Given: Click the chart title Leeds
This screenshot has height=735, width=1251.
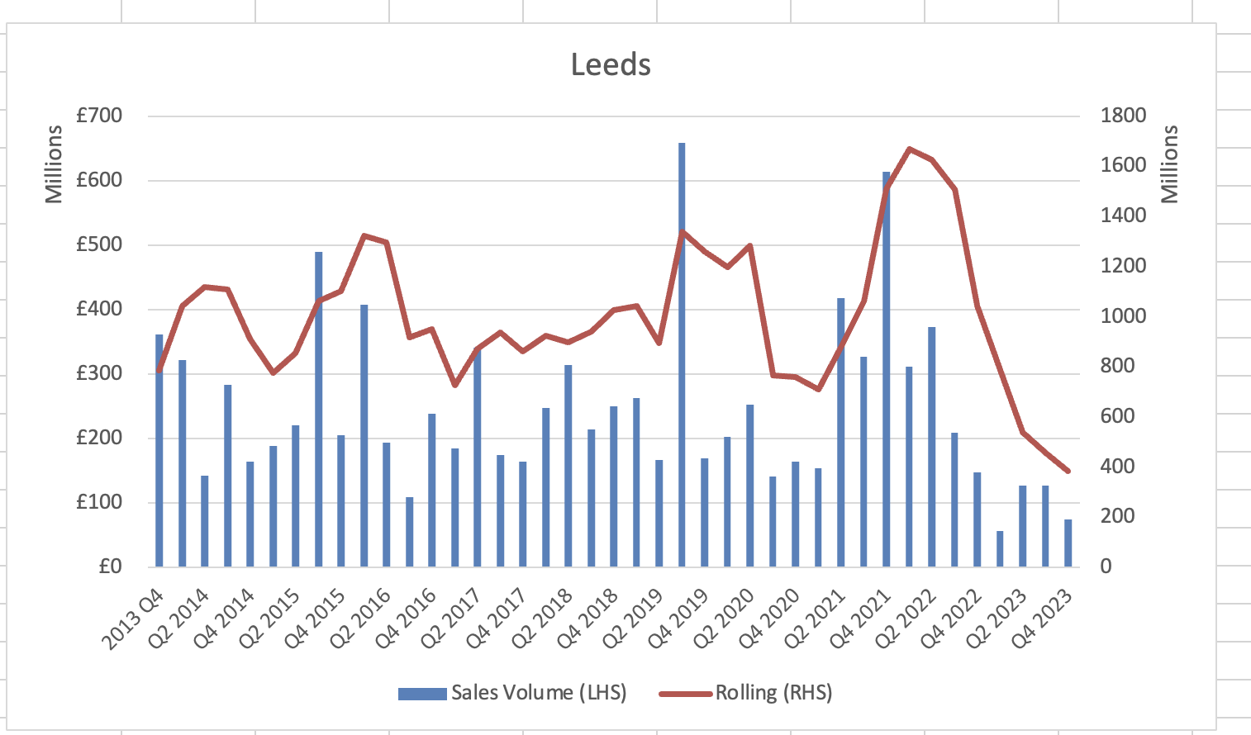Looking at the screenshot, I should tap(611, 64).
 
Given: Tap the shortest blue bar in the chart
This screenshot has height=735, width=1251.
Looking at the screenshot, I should tap(1000, 548).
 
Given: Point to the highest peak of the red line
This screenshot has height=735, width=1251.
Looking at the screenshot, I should tap(909, 149).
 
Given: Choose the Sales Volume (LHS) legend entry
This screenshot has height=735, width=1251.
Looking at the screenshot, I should tap(512, 692).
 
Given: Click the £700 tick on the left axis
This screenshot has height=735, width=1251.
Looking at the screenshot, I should tap(99, 116).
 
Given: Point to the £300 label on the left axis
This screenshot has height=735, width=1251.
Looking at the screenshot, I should tap(99, 373).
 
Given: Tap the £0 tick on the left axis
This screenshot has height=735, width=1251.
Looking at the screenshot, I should tap(110, 567).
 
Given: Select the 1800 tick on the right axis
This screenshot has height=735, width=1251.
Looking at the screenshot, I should tap(1123, 116).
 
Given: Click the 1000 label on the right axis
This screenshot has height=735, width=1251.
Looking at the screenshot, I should tap(1123, 316).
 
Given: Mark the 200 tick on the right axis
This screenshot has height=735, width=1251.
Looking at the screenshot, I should tap(1117, 516).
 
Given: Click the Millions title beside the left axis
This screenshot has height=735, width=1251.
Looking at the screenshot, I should tap(54, 164).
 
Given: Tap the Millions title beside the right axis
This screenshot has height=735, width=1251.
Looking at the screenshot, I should tap(1170, 164).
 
